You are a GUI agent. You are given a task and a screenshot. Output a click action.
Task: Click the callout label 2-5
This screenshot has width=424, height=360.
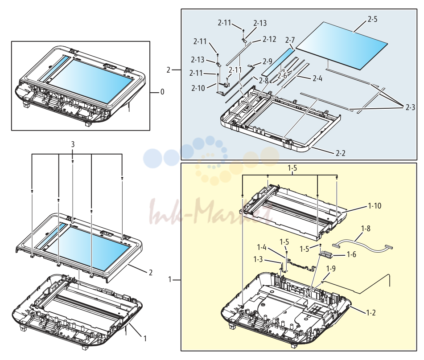(x=372, y=19)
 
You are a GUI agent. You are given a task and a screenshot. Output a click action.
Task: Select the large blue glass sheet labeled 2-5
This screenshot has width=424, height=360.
(x=342, y=46)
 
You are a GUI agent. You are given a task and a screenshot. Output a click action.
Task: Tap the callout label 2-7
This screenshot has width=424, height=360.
(x=290, y=40)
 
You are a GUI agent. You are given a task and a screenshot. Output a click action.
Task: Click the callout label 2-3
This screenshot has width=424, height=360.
(x=410, y=107)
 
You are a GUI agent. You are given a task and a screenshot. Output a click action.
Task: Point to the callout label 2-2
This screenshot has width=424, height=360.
(x=341, y=153)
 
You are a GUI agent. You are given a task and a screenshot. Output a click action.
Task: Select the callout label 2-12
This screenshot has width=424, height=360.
(x=269, y=39)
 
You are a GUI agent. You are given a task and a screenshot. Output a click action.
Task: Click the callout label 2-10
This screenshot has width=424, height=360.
(x=198, y=88)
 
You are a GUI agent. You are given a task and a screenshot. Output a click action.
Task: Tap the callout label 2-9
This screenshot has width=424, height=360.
(x=268, y=61)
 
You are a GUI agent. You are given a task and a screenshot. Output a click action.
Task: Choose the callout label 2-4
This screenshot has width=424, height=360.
(x=317, y=78)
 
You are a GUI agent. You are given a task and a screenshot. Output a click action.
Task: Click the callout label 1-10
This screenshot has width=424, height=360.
(x=375, y=206)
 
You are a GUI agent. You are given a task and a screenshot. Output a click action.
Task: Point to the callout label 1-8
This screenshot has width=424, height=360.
(x=366, y=229)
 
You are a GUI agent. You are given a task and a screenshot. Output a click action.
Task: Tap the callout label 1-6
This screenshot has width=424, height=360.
(x=351, y=254)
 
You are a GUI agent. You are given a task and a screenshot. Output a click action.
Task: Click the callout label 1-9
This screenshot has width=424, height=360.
(x=331, y=269)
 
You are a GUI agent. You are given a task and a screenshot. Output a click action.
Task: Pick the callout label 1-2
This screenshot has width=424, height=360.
(x=371, y=313)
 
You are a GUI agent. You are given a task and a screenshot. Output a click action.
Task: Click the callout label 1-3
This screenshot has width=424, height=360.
(x=258, y=259)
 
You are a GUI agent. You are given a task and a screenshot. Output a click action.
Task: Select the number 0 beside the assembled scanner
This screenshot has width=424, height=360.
(x=162, y=92)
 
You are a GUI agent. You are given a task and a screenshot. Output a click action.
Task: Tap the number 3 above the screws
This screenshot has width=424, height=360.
(x=73, y=145)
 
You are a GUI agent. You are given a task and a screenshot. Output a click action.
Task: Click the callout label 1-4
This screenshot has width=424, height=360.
(x=262, y=247)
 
